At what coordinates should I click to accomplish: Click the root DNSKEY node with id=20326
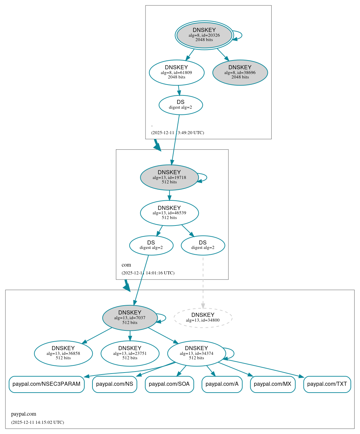point(204,35)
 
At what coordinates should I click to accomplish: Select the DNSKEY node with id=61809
point(176,72)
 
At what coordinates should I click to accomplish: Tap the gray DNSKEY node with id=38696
point(240,72)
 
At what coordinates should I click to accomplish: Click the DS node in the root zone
point(181,105)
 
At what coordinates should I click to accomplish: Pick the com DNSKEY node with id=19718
point(169,177)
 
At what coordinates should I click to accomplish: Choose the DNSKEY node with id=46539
point(169,213)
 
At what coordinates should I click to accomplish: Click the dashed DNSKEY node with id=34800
point(203,318)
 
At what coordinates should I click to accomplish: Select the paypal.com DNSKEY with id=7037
point(130,318)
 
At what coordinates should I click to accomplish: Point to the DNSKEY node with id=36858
point(63,353)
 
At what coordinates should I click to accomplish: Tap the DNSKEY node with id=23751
point(130,353)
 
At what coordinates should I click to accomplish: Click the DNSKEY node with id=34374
point(196,353)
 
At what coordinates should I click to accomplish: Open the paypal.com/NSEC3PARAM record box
point(46,384)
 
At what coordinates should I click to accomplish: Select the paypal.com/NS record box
point(115,384)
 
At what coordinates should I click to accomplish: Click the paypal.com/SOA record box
point(169,384)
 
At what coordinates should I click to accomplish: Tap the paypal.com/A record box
point(222,384)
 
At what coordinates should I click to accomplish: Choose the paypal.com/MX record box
point(273,384)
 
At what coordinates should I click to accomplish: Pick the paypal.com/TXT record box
point(327,384)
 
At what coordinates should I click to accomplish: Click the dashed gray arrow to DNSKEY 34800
point(203,282)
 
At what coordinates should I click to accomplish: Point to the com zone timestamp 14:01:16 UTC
point(148,273)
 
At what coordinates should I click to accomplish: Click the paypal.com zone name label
point(23,414)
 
